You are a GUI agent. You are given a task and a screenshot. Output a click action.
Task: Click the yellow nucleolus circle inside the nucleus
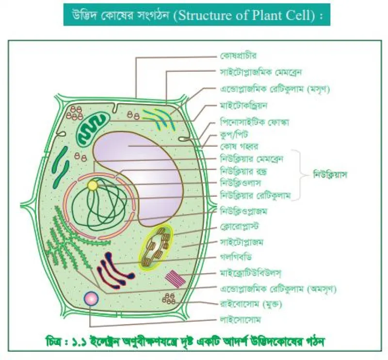pos(93,186)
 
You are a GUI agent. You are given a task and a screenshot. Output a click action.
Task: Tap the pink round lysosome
pos(91,298)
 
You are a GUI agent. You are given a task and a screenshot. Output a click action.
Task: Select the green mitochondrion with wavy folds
pos(93,128)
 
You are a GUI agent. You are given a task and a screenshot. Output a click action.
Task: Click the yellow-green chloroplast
pos(156,247)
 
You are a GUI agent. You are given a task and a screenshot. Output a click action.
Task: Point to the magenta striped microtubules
pos(175,279)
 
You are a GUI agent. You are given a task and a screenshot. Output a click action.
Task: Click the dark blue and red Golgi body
pos(115,271)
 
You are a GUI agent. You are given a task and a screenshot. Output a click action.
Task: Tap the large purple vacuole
pos(139,178)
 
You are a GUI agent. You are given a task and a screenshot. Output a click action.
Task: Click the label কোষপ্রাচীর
pos(238,56)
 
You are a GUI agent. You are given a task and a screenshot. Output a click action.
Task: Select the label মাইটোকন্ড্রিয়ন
pos(243,106)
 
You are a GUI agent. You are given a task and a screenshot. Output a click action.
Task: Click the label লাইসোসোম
pos(240,320)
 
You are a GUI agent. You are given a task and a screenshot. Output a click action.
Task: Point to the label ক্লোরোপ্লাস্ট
pos(239,226)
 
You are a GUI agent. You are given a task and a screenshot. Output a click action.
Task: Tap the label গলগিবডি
pos(236,257)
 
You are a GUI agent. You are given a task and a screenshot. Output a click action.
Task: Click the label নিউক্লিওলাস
pos(240,183)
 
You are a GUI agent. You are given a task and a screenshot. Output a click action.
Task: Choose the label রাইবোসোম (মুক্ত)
pos(251,304)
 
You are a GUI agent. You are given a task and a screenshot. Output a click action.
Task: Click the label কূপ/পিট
pos(234,135)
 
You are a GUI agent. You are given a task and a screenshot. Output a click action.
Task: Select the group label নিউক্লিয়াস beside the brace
pos(330,175)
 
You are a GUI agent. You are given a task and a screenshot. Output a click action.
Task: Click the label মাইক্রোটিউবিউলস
pos(251,273)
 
